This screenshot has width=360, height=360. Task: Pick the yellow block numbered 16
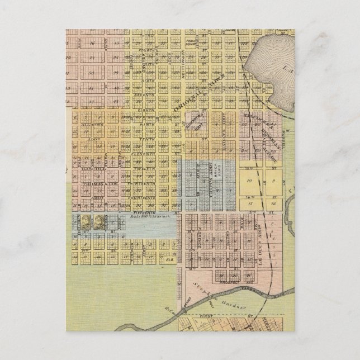click(x=272, y=205)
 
